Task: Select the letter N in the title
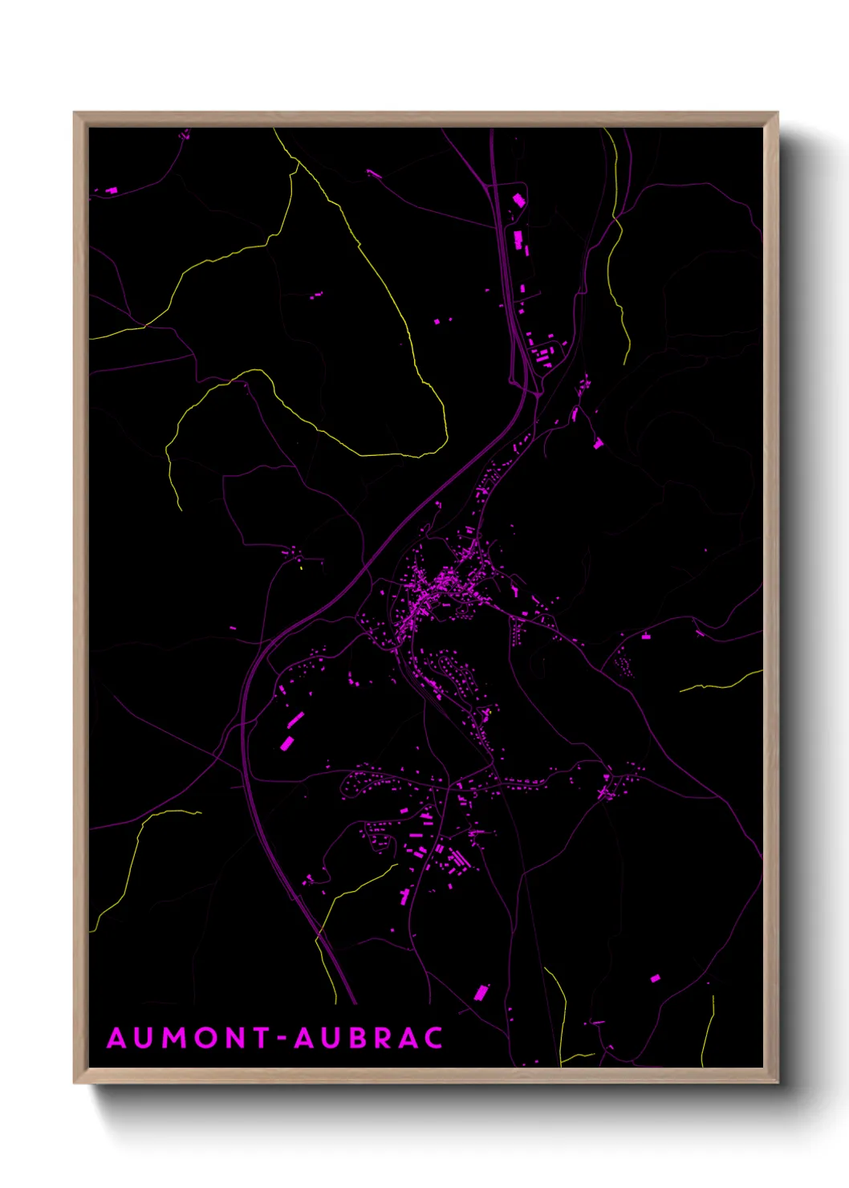[237, 1038]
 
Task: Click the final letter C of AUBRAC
[433, 1038]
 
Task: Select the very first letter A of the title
[116, 1038]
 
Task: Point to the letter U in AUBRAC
[329, 1038]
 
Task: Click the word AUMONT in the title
[189, 1038]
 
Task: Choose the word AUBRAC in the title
[368, 1038]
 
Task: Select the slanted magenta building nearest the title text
[481, 993]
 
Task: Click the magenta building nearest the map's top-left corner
[111, 190]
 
